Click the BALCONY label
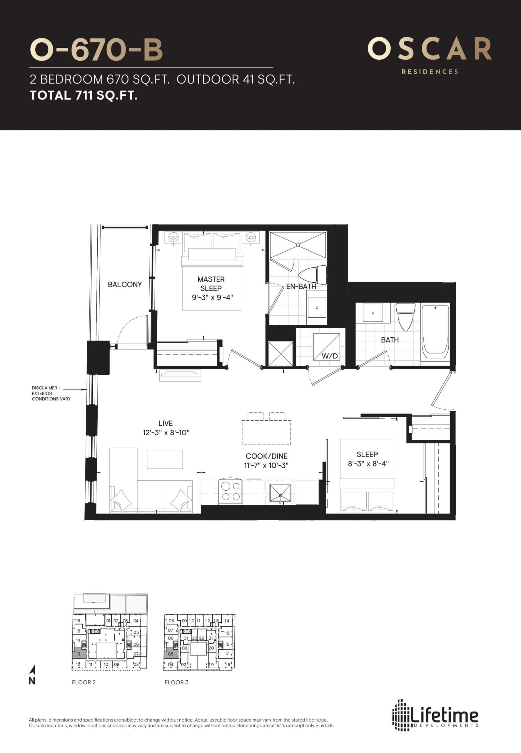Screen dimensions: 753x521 [x=125, y=284]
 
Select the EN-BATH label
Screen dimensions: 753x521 [x=301, y=286]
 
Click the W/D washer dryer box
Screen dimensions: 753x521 [x=326, y=347]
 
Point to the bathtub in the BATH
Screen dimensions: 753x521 [x=435, y=332]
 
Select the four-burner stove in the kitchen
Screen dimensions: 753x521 [x=231, y=492]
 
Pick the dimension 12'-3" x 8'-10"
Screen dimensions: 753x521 [x=166, y=433]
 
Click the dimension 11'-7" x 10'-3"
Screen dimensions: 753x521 [x=266, y=465]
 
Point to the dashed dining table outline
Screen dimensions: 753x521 [x=266, y=432]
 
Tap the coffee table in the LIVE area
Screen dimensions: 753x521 [x=165, y=459]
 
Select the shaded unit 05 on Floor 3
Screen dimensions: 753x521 [x=171, y=654]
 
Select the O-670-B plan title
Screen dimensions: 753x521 [x=96, y=50]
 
